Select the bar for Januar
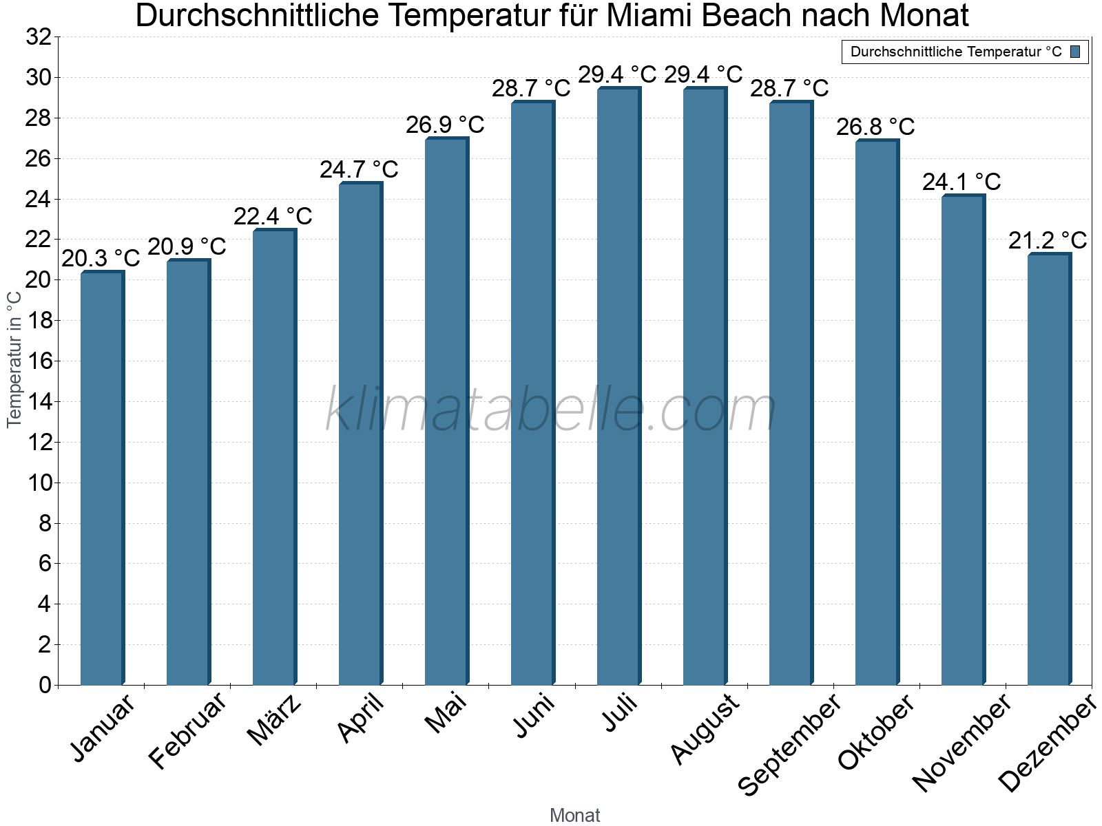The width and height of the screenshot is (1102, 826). (102, 478)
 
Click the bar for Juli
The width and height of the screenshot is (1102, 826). (618, 385)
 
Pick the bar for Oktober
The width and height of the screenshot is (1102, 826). (877, 413)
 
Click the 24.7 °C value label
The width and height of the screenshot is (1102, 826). (359, 169)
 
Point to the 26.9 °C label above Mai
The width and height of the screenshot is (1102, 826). (445, 125)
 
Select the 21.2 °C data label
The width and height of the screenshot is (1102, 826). (1048, 240)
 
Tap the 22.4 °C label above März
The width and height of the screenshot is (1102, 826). (273, 216)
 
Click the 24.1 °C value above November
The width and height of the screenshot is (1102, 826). (961, 182)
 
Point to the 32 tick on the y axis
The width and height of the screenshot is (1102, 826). (39, 37)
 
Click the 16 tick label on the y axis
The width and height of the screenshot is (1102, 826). (39, 361)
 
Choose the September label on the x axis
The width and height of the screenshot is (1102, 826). (789, 744)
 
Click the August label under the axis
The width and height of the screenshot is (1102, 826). (704, 729)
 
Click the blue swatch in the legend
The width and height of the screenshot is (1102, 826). (1075, 52)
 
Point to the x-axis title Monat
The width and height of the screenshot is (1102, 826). (574, 815)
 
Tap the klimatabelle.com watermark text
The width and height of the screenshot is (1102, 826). (551, 410)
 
